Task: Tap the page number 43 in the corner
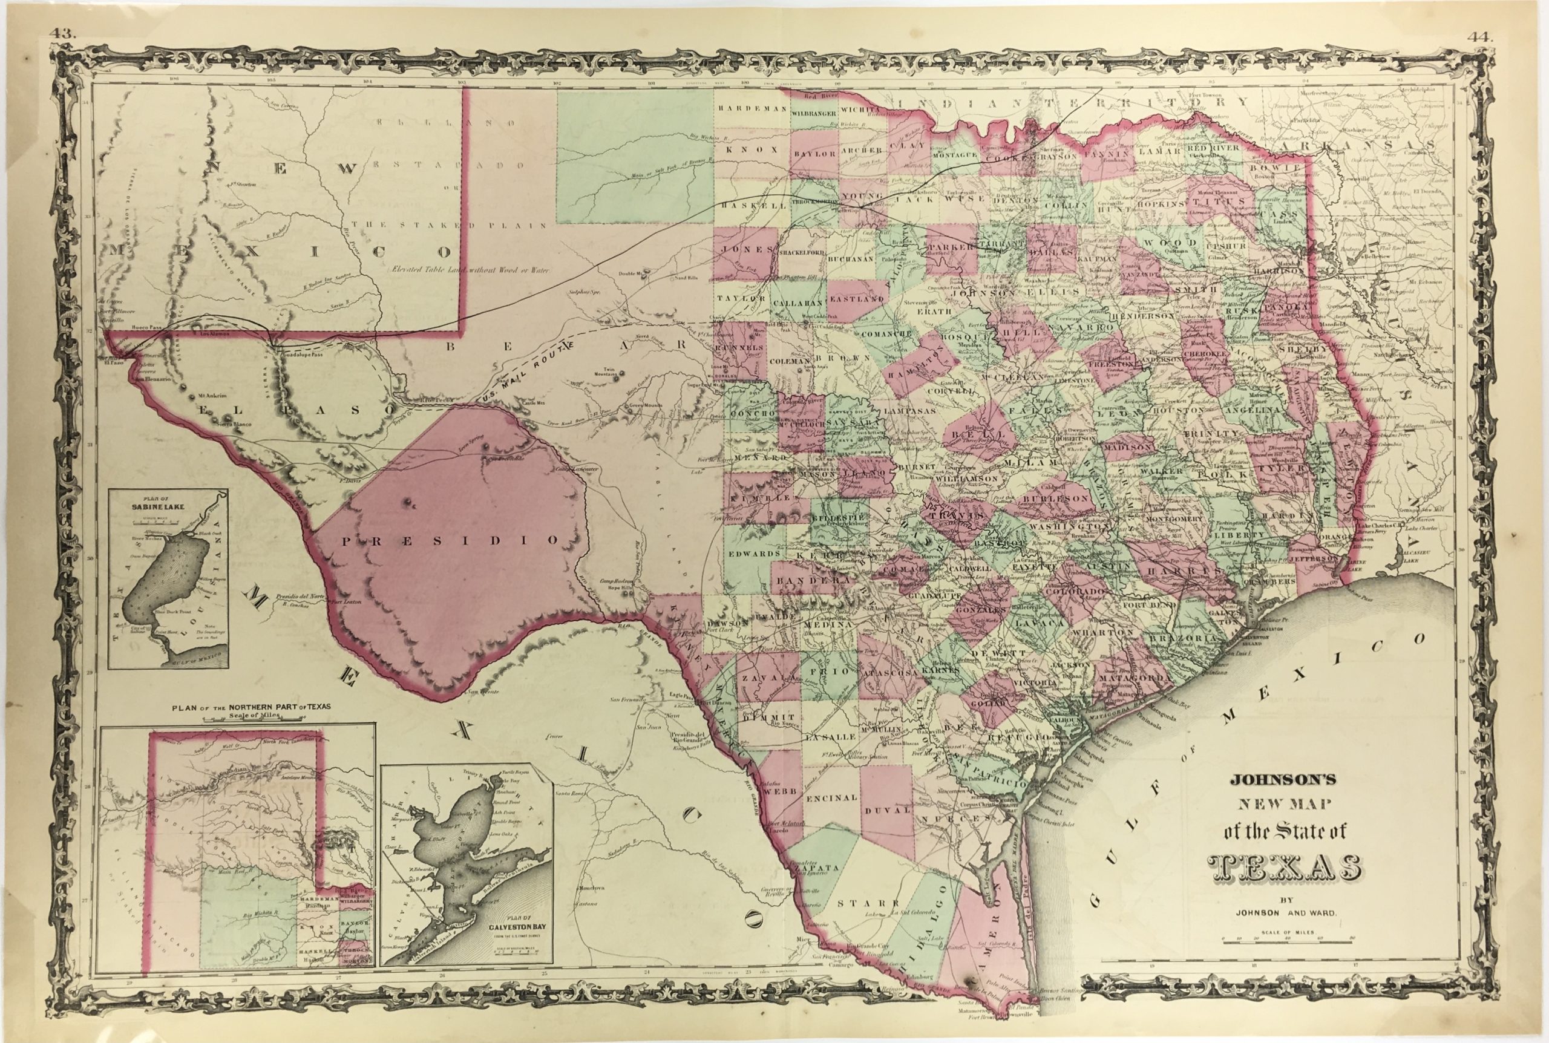66,33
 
